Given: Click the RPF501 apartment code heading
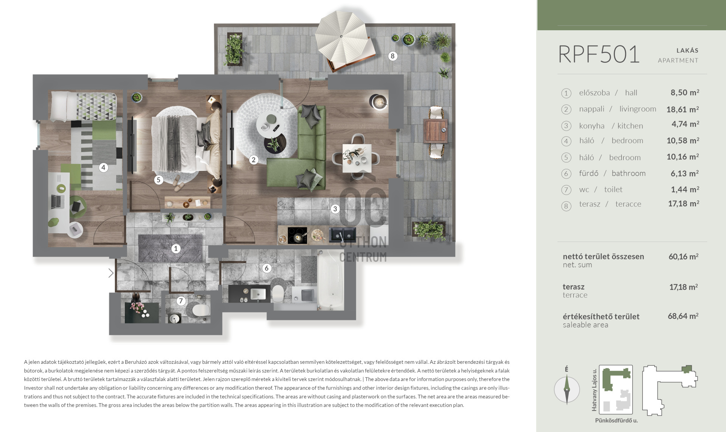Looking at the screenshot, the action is (599, 55).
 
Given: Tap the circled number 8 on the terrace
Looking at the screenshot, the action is (392, 56).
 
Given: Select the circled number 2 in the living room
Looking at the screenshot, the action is (254, 160).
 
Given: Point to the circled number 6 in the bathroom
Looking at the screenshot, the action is (267, 268).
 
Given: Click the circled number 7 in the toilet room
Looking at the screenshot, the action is (181, 301).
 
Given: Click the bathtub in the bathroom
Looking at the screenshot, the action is (331, 282).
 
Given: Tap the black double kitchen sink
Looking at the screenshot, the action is (342, 235).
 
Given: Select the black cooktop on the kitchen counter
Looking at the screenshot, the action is (297, 235).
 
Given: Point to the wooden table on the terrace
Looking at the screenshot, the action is (436, 131).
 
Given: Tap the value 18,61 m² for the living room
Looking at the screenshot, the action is (683, 109).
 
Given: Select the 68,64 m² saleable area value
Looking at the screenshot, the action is (683, 316).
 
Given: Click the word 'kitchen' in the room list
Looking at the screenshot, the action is (630, 126).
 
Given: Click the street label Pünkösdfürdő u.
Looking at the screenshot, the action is (616, 420).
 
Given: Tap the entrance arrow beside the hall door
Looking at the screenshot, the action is (111, 273).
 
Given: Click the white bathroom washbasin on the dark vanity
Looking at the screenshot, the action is (258, 294).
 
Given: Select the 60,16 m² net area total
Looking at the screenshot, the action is (683, 257).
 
